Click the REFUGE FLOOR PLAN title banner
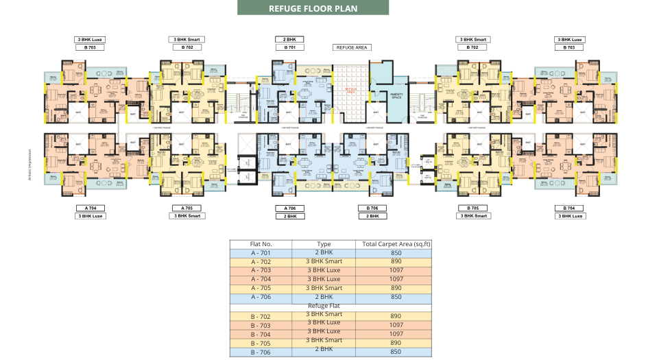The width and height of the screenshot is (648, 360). pyautogui.click(x=313, y=8)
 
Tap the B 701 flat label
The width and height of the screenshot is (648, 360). pyautogui.click(x=290, y=48)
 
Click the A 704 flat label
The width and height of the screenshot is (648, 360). pyautogui.click(x=91, y=208)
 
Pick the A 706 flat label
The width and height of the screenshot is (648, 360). pyautogui.click(x=290, y=208)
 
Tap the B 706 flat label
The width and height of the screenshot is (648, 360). pyautogui.click(x=372, y=208)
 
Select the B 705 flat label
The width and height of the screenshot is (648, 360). pyautogui.click(x=472, y=208)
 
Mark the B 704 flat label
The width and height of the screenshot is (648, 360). pyautogui.click(x=569, y=208)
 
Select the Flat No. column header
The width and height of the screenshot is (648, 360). pyautogui.click(x=261, y=244)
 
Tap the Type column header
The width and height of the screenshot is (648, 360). pyautogui.click(x=324, y=244)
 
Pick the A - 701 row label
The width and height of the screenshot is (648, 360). pyautogui.click(x=261, y=253)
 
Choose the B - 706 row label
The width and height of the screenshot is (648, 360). pyautogui.click(x=261, y=352)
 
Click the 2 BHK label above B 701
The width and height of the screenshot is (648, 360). pyautogui.click(x=290, y=40)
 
